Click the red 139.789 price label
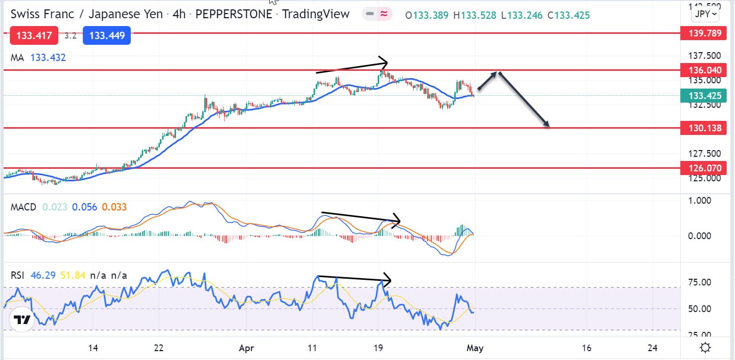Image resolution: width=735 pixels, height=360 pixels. (703, 34)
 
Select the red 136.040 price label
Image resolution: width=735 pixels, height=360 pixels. (703, 70)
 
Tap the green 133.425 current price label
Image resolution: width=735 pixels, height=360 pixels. (703, 95)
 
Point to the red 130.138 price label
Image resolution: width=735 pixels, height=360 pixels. (703, 128)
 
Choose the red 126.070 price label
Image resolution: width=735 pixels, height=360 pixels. (703, 168)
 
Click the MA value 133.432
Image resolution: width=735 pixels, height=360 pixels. (48, 58)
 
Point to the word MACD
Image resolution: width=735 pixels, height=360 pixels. (23, 207)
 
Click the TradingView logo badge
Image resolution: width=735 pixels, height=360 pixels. (21, 319)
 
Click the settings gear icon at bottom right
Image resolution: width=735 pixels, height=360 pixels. (705, 348)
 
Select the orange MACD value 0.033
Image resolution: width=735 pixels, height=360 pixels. (114, 207)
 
